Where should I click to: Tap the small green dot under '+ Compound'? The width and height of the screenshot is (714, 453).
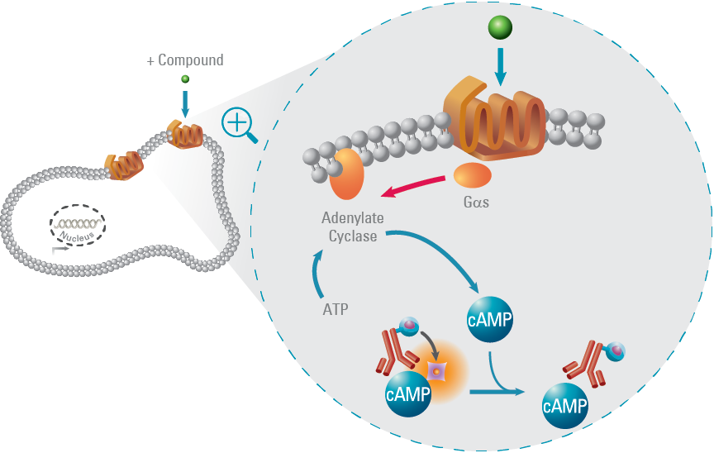coord(185,79)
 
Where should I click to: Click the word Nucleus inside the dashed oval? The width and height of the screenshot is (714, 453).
coord(77,232)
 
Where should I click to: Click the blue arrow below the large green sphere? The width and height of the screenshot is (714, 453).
coord(500,65)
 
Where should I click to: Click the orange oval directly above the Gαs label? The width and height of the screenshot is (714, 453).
coord(472,175)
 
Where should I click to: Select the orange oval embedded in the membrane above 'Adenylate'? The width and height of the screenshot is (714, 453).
coord(348,174)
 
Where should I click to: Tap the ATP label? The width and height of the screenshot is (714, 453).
coord(336,310)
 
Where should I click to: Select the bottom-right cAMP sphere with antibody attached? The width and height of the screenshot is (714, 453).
coord(565,404)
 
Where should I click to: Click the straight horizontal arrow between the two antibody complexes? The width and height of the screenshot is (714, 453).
coord(496,391)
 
